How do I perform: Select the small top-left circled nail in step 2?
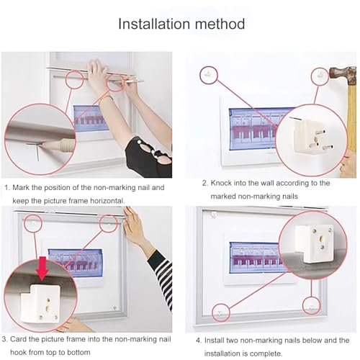coord(207,73)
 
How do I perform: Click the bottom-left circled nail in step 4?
coord(221,312)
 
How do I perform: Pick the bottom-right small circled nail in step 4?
coord(311,305)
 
